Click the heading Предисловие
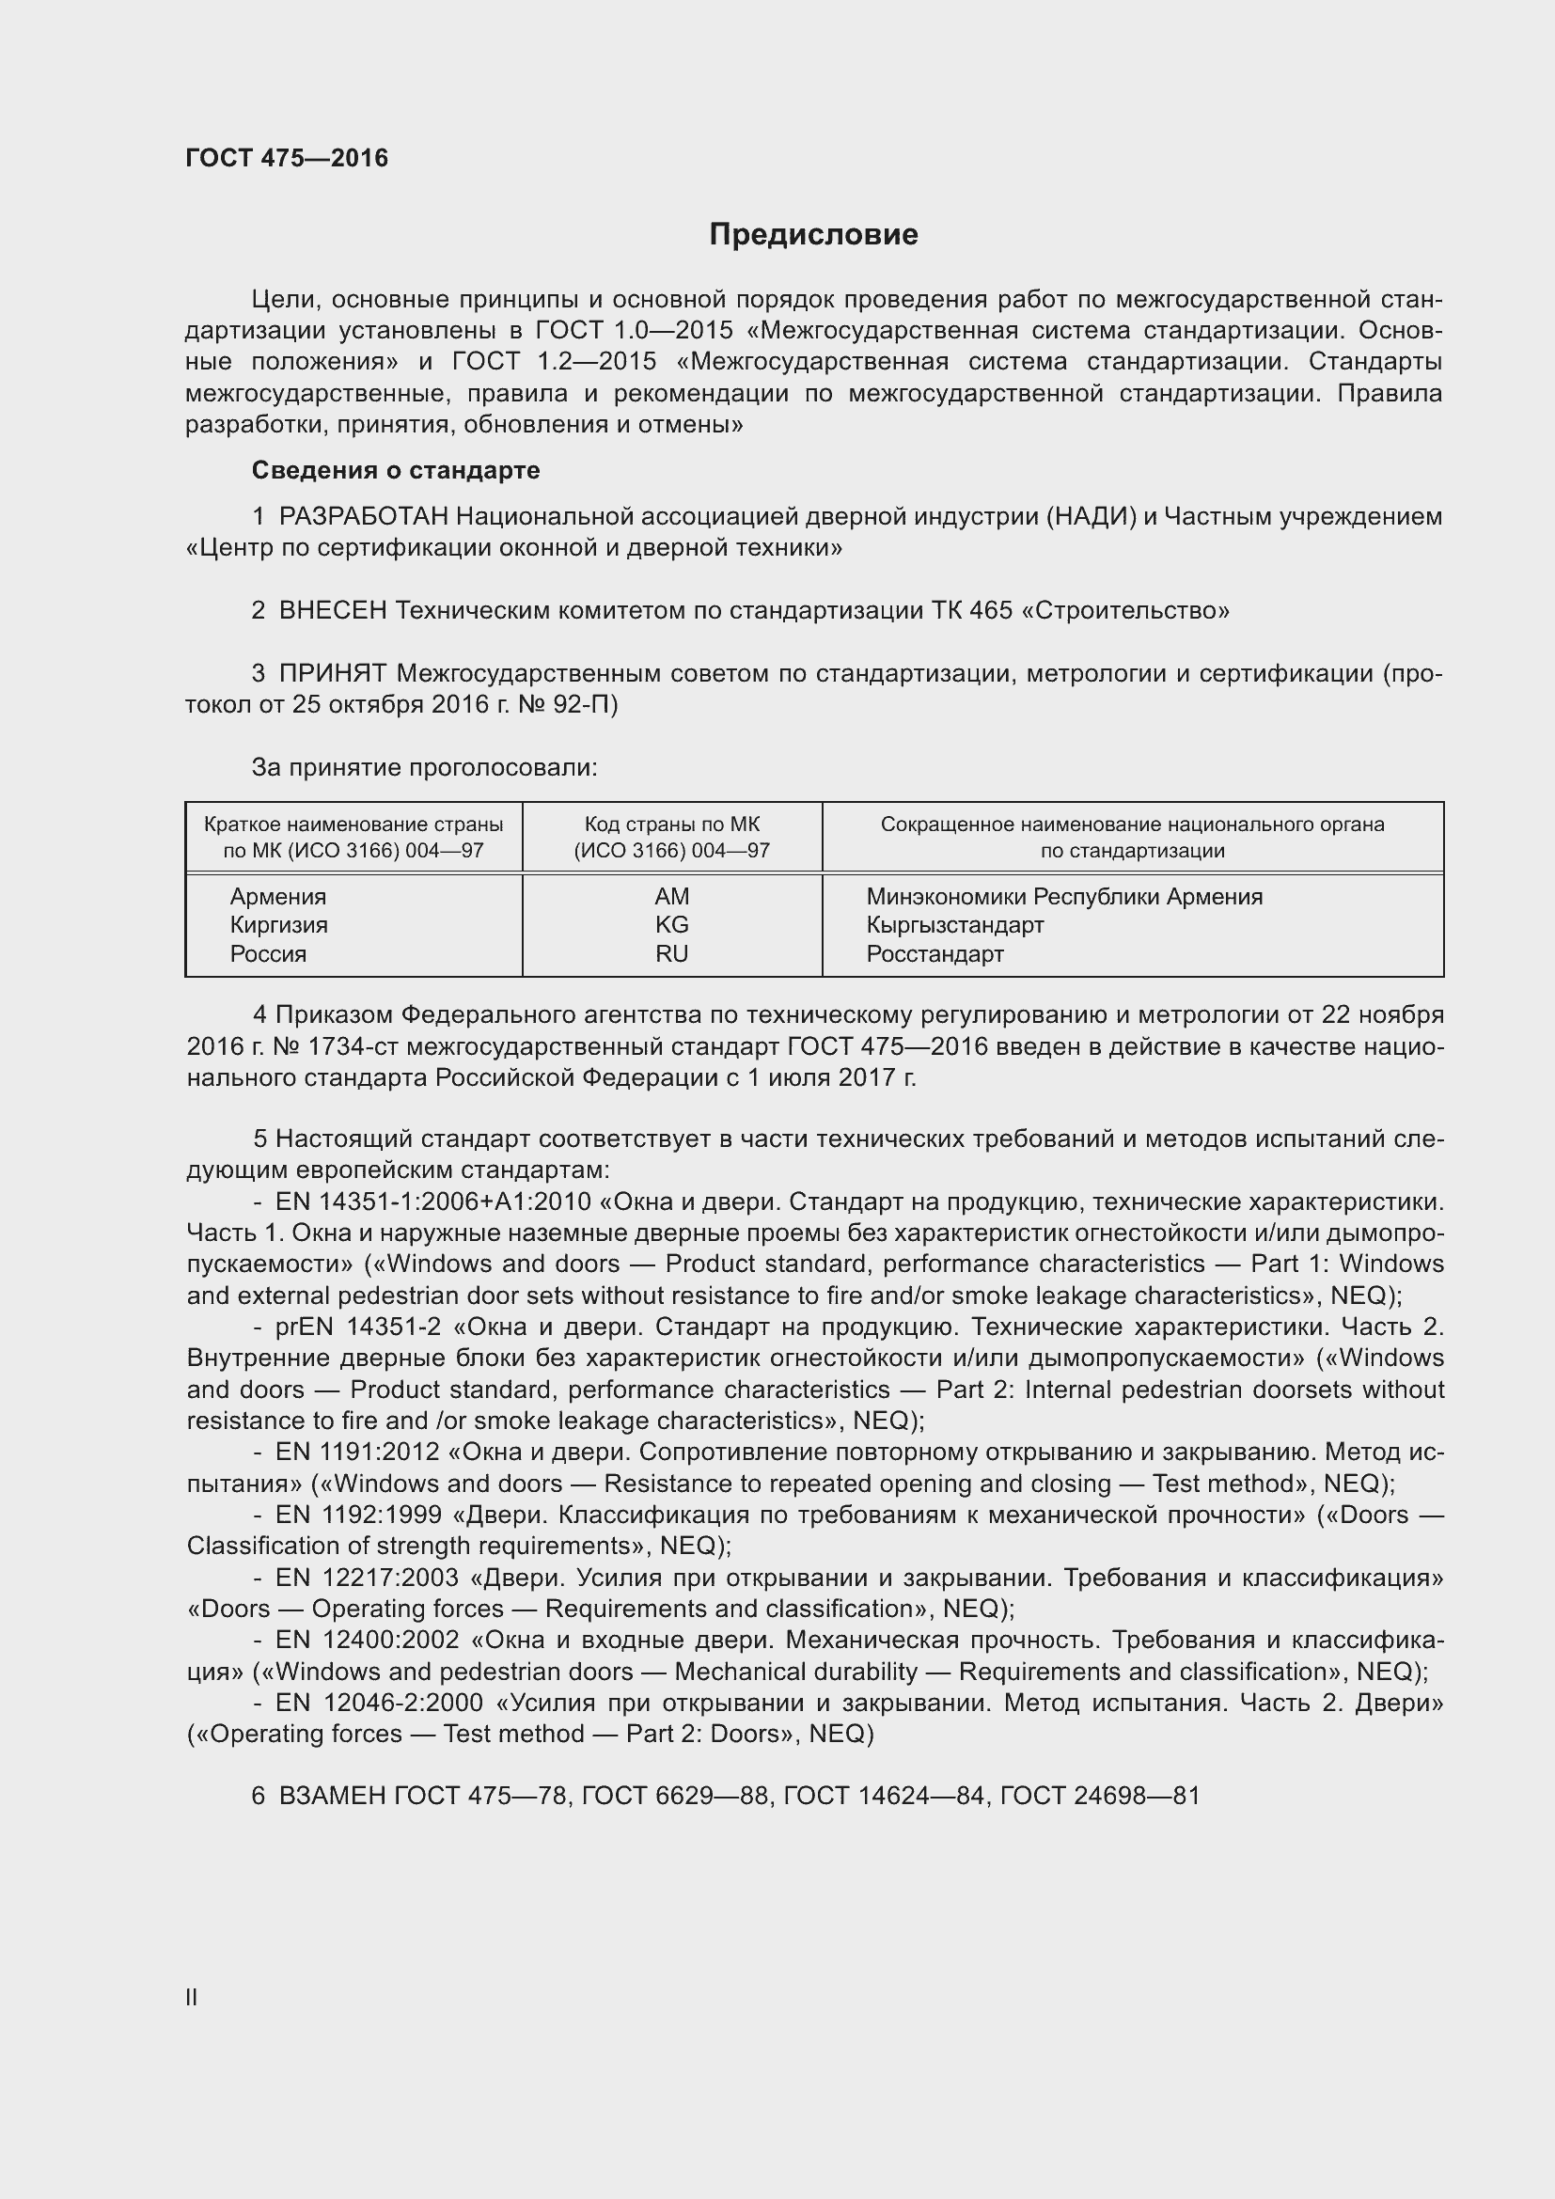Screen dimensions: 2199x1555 pos(813,235)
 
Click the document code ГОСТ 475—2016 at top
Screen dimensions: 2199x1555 pos(288,158)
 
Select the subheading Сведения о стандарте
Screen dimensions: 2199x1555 pos(396,470)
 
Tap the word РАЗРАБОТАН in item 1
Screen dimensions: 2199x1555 pos(363,517)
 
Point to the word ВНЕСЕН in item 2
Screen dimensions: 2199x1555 pos(332,611)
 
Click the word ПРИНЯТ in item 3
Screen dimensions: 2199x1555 pos(333,674)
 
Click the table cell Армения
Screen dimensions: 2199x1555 pos(277,898)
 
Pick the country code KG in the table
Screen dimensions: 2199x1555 pos(671,925)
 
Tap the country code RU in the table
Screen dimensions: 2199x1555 pos(671,954)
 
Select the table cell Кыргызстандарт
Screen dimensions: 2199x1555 pos(954,925)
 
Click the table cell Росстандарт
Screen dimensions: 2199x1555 pos(935,954)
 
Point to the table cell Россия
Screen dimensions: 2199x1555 pos(268,954)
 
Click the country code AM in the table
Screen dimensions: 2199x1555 pos(671,898)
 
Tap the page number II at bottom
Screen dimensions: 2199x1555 pos(192,1998)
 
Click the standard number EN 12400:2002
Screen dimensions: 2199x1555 pos(368,1641)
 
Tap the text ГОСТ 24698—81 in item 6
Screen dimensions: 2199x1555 pos(1099,1796)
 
